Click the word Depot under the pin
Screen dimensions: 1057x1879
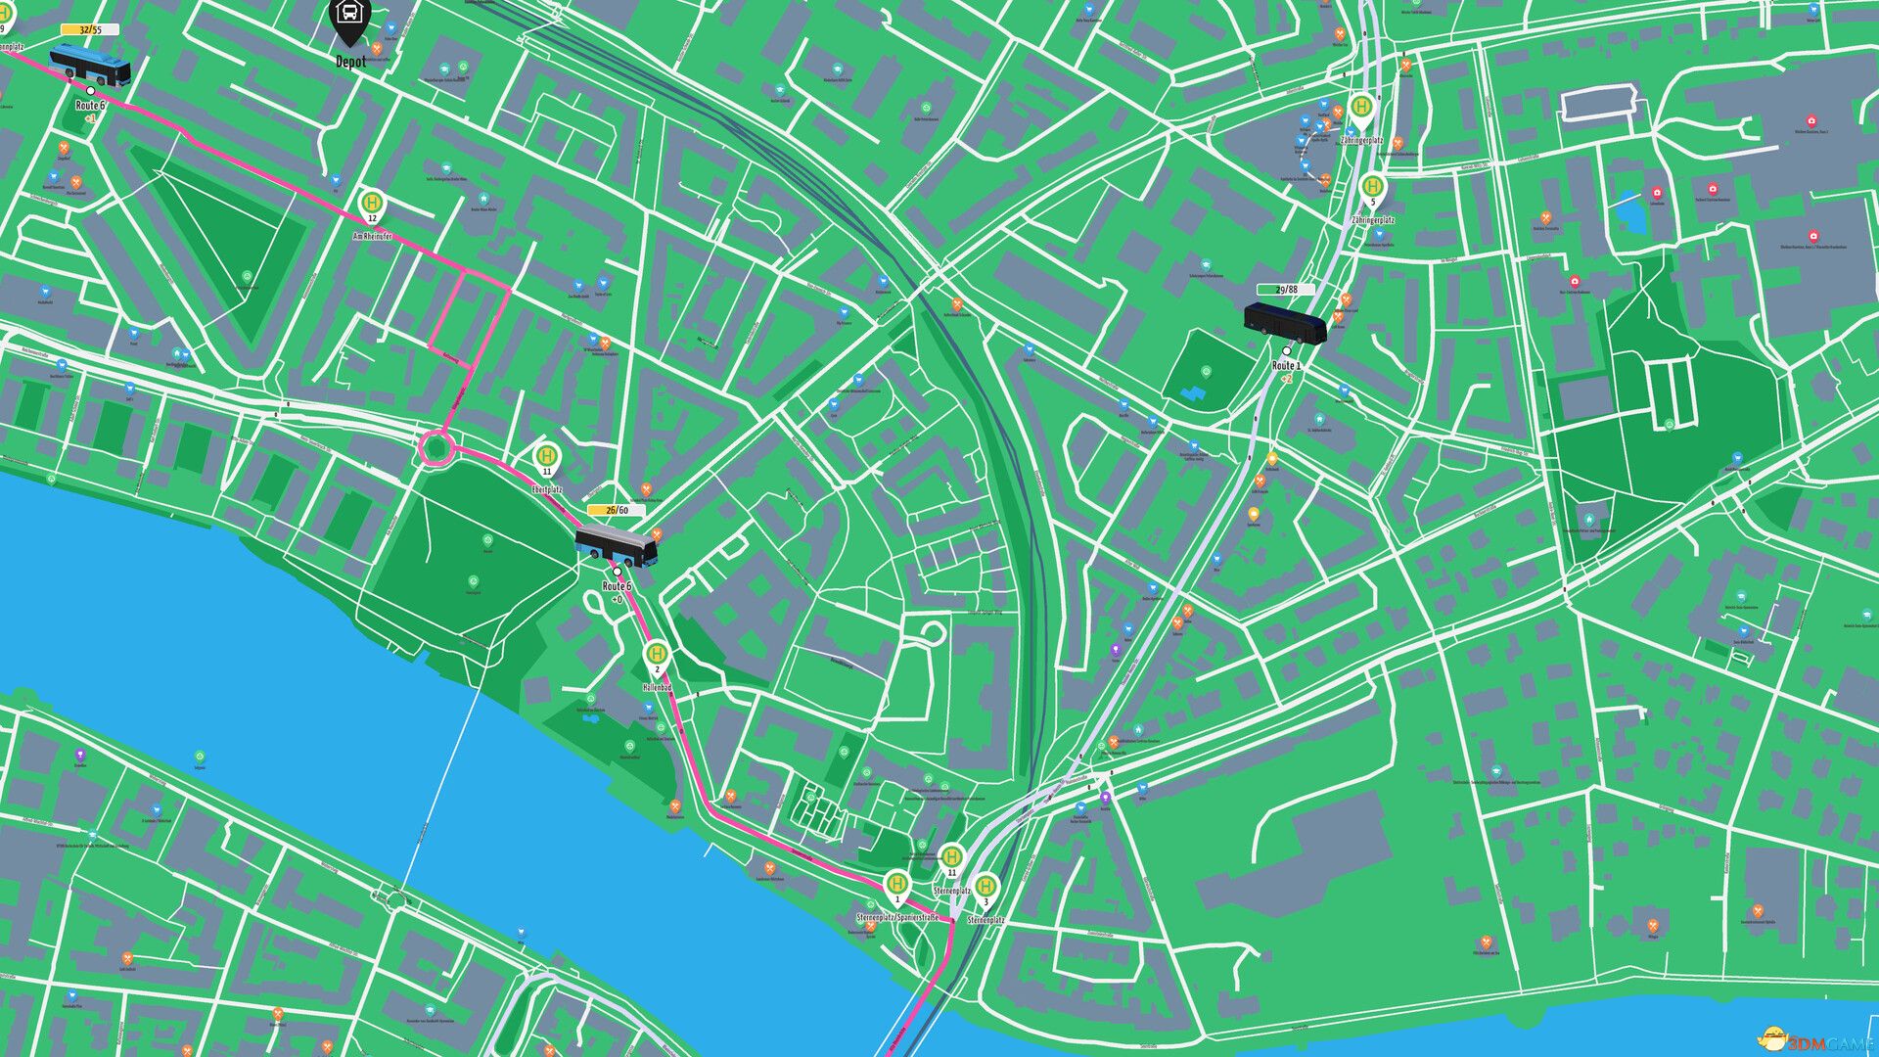click(350, 62)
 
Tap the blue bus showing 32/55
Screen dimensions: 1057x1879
click(90, 65)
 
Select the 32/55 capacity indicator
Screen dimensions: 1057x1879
click(90, 29)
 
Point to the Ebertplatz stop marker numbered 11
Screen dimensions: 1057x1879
click(547, 456)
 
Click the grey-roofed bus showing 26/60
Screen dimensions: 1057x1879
click(616, 547)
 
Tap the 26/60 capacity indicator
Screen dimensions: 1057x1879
click(617, 510)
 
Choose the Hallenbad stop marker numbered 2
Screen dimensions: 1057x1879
click(658, 655)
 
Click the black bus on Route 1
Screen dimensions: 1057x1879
click(1285, 323)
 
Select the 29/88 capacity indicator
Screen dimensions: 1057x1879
click(1286, 290)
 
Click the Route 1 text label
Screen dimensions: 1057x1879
click(1286, 366)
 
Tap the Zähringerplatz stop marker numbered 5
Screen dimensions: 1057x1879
click(1373, 187)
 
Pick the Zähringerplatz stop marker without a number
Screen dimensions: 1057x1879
click(1361, 107)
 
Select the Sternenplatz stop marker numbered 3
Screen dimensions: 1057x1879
click(985, 887)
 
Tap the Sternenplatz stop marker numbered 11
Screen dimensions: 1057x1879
click(951, 858)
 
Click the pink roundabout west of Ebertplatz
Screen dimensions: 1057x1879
click(435, 449)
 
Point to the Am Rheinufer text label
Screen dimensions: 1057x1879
click(373, 237)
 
